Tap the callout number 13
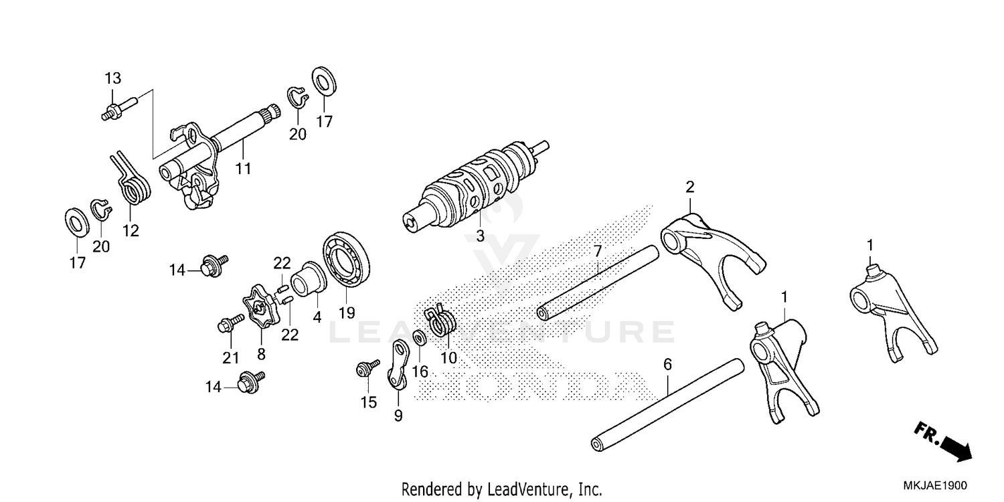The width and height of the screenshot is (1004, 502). coord(112,78)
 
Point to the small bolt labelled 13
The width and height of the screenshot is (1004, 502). coord(119,107)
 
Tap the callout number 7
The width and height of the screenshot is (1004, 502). coord(598,252)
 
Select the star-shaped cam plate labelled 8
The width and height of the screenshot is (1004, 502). coord(260,307)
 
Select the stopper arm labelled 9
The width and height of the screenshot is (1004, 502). coord(399,365)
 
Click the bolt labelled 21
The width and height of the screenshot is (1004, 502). coord(228,326)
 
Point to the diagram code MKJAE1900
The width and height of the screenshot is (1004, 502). coord(937,487)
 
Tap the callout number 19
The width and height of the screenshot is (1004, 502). coord(347,313)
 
